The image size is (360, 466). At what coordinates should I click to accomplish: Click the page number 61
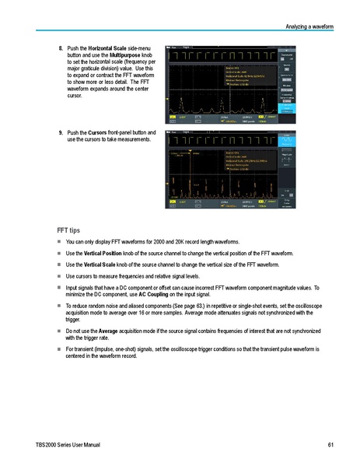(330, 445)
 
